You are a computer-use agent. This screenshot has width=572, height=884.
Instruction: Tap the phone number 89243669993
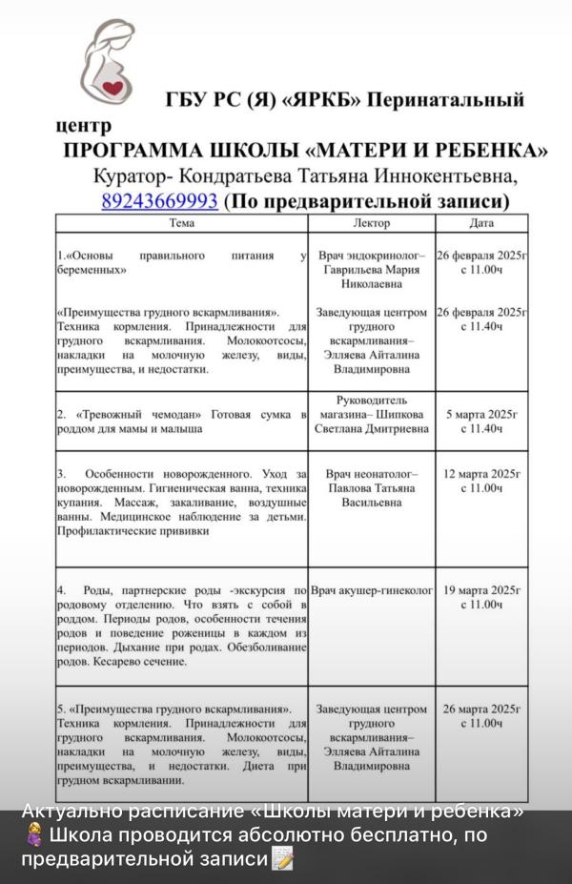[160, 201]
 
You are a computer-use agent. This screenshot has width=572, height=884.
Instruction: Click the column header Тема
[181, 223]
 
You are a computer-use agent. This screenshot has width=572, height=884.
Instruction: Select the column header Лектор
[371, 223]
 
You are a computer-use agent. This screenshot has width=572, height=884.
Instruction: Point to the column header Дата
[481, 223]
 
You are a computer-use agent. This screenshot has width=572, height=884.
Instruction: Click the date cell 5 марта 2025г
[481, 421]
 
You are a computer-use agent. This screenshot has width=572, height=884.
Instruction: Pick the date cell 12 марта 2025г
[481, 481]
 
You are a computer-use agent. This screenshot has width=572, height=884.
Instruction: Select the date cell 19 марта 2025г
[481, 597]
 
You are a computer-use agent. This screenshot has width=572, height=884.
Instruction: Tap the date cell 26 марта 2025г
[481, 716]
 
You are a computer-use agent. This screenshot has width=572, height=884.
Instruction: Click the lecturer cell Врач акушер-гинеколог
[371, 591]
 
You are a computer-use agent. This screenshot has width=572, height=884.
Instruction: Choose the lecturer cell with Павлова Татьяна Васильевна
[371, 487]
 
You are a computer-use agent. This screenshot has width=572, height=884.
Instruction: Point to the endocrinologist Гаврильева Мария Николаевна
[371, 270]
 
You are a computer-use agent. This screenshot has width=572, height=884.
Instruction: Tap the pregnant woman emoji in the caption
[31, 835]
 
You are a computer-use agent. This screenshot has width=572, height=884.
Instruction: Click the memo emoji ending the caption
[282, 859]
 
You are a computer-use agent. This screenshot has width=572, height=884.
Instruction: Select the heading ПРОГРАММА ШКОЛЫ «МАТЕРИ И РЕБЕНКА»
[305, 151]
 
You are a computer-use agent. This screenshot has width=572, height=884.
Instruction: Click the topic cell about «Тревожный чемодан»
[181, 421]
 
